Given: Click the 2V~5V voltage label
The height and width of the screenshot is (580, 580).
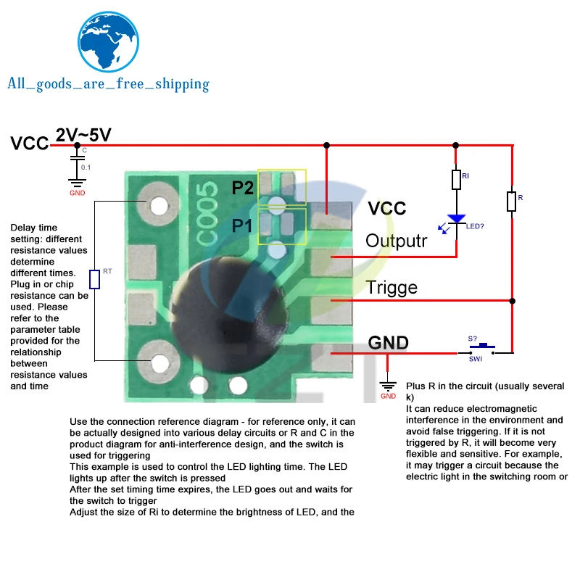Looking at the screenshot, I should pyautogui.click(x=84, y=135).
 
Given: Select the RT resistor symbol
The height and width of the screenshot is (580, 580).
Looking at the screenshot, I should pyautogui.click(x=95, y=278).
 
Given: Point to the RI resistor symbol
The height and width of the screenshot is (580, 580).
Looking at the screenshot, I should pyautogui.click(x=456, y=179).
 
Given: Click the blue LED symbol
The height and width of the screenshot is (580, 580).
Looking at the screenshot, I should pyautogui.click(x=456, y=219).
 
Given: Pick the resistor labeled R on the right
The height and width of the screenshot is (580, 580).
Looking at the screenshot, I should pyautogui.click(x=512, y=201).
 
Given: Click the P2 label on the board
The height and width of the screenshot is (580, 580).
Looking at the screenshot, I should pyautogui.click(x=243, y=188).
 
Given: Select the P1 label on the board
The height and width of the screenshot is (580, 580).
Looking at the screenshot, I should pyautogui.click(x=242, y=225).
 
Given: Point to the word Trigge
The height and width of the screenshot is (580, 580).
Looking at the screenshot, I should pyautogui.click(x=391, y=287).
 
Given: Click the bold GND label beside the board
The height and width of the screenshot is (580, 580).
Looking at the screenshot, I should pyautogui.click(x=389, y=342).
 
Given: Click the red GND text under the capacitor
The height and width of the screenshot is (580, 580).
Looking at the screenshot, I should pyautogui.click(x=77, y=193).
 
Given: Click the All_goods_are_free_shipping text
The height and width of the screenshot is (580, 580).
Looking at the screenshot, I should pyautogui.click(x=108, y=84).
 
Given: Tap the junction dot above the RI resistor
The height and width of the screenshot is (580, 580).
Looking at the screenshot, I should pyautogui.click(x=456, y=145).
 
